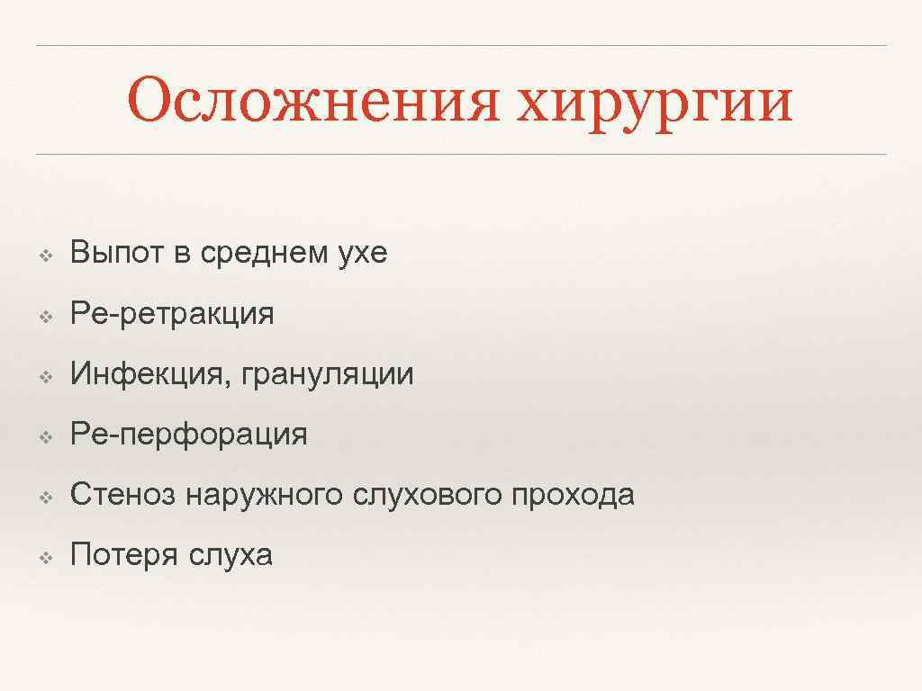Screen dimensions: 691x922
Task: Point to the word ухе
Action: [363, 253]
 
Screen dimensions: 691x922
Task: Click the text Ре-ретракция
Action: [172, 314]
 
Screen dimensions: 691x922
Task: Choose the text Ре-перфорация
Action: [188, 435]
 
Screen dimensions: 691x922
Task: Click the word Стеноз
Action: [124, 495]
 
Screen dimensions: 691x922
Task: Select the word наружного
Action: [265, 495]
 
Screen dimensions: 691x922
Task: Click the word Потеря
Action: [124, 555]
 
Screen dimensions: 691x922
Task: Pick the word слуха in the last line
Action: [230, 555]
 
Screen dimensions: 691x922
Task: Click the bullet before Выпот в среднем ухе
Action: [43, 256]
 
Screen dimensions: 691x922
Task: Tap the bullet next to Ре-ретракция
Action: [43, 316]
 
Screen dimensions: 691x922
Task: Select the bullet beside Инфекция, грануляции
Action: [43, 376]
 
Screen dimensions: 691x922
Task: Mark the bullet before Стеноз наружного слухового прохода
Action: [43, 497]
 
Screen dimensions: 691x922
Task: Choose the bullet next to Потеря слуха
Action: [43, 557]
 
